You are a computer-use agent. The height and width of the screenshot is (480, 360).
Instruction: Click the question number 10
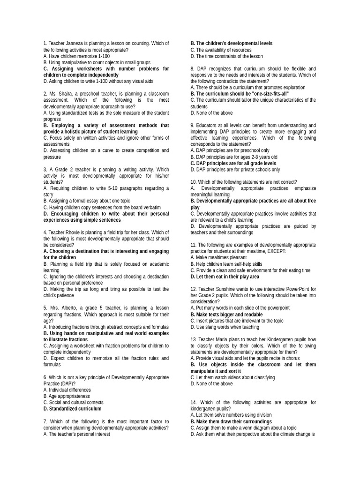[194, 182]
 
